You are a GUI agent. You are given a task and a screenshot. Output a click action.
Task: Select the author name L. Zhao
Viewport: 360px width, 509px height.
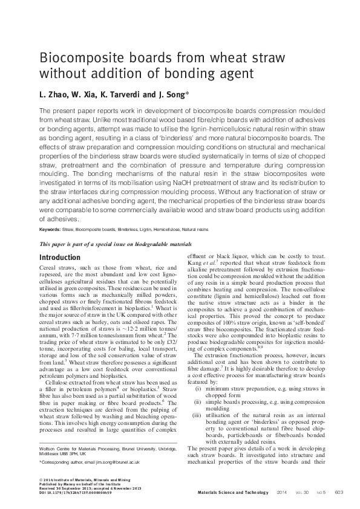(52, 94)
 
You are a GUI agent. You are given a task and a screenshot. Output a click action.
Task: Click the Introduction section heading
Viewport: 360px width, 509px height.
(59, 258)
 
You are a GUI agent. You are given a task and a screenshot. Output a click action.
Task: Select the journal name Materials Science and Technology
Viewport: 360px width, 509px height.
(233, 493)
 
